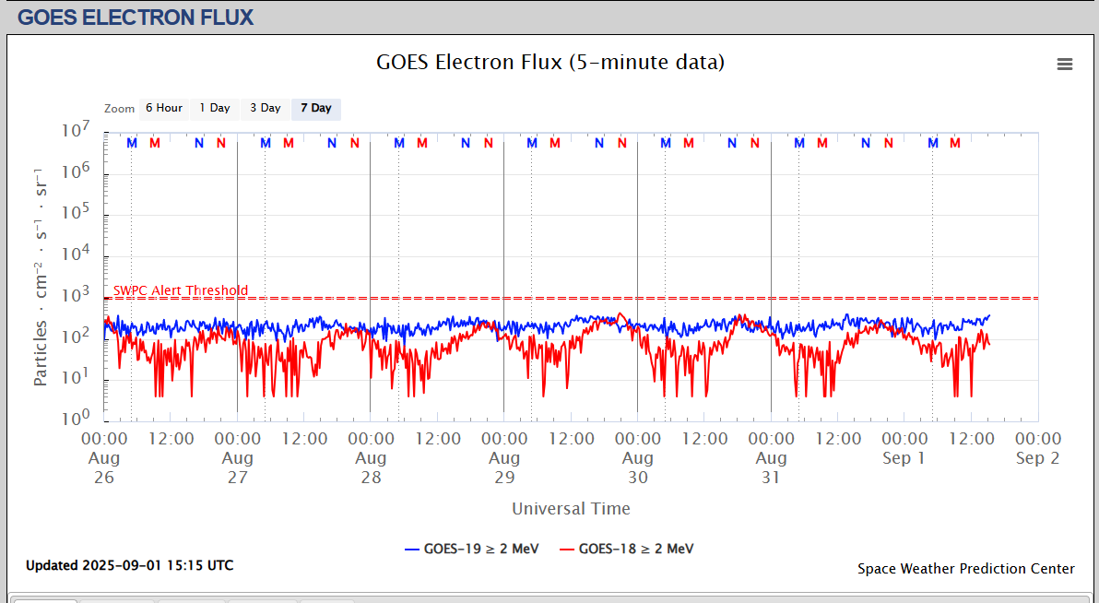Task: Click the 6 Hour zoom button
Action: point(163,109)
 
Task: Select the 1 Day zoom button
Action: point(215,109)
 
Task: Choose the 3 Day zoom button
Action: point(266,109)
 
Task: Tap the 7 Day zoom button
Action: point(316,109)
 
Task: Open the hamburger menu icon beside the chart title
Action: point(1065,64)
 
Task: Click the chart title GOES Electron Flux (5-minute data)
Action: point(550,63)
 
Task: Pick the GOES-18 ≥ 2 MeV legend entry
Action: point(627,550)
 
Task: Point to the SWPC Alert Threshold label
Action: point(181,290)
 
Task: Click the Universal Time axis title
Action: point(571,509)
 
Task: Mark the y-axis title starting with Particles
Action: point(41,277)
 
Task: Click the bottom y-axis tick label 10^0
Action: point(76,419)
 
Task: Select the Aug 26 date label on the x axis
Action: point(104,467)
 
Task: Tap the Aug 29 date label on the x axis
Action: point(504,467)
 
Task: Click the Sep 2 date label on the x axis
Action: point(1038,458)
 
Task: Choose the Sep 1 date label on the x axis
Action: point(904,458)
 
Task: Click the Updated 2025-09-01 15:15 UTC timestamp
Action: point(129,565)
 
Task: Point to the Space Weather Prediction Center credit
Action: point(965,569)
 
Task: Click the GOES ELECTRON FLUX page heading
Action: point(136,17)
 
